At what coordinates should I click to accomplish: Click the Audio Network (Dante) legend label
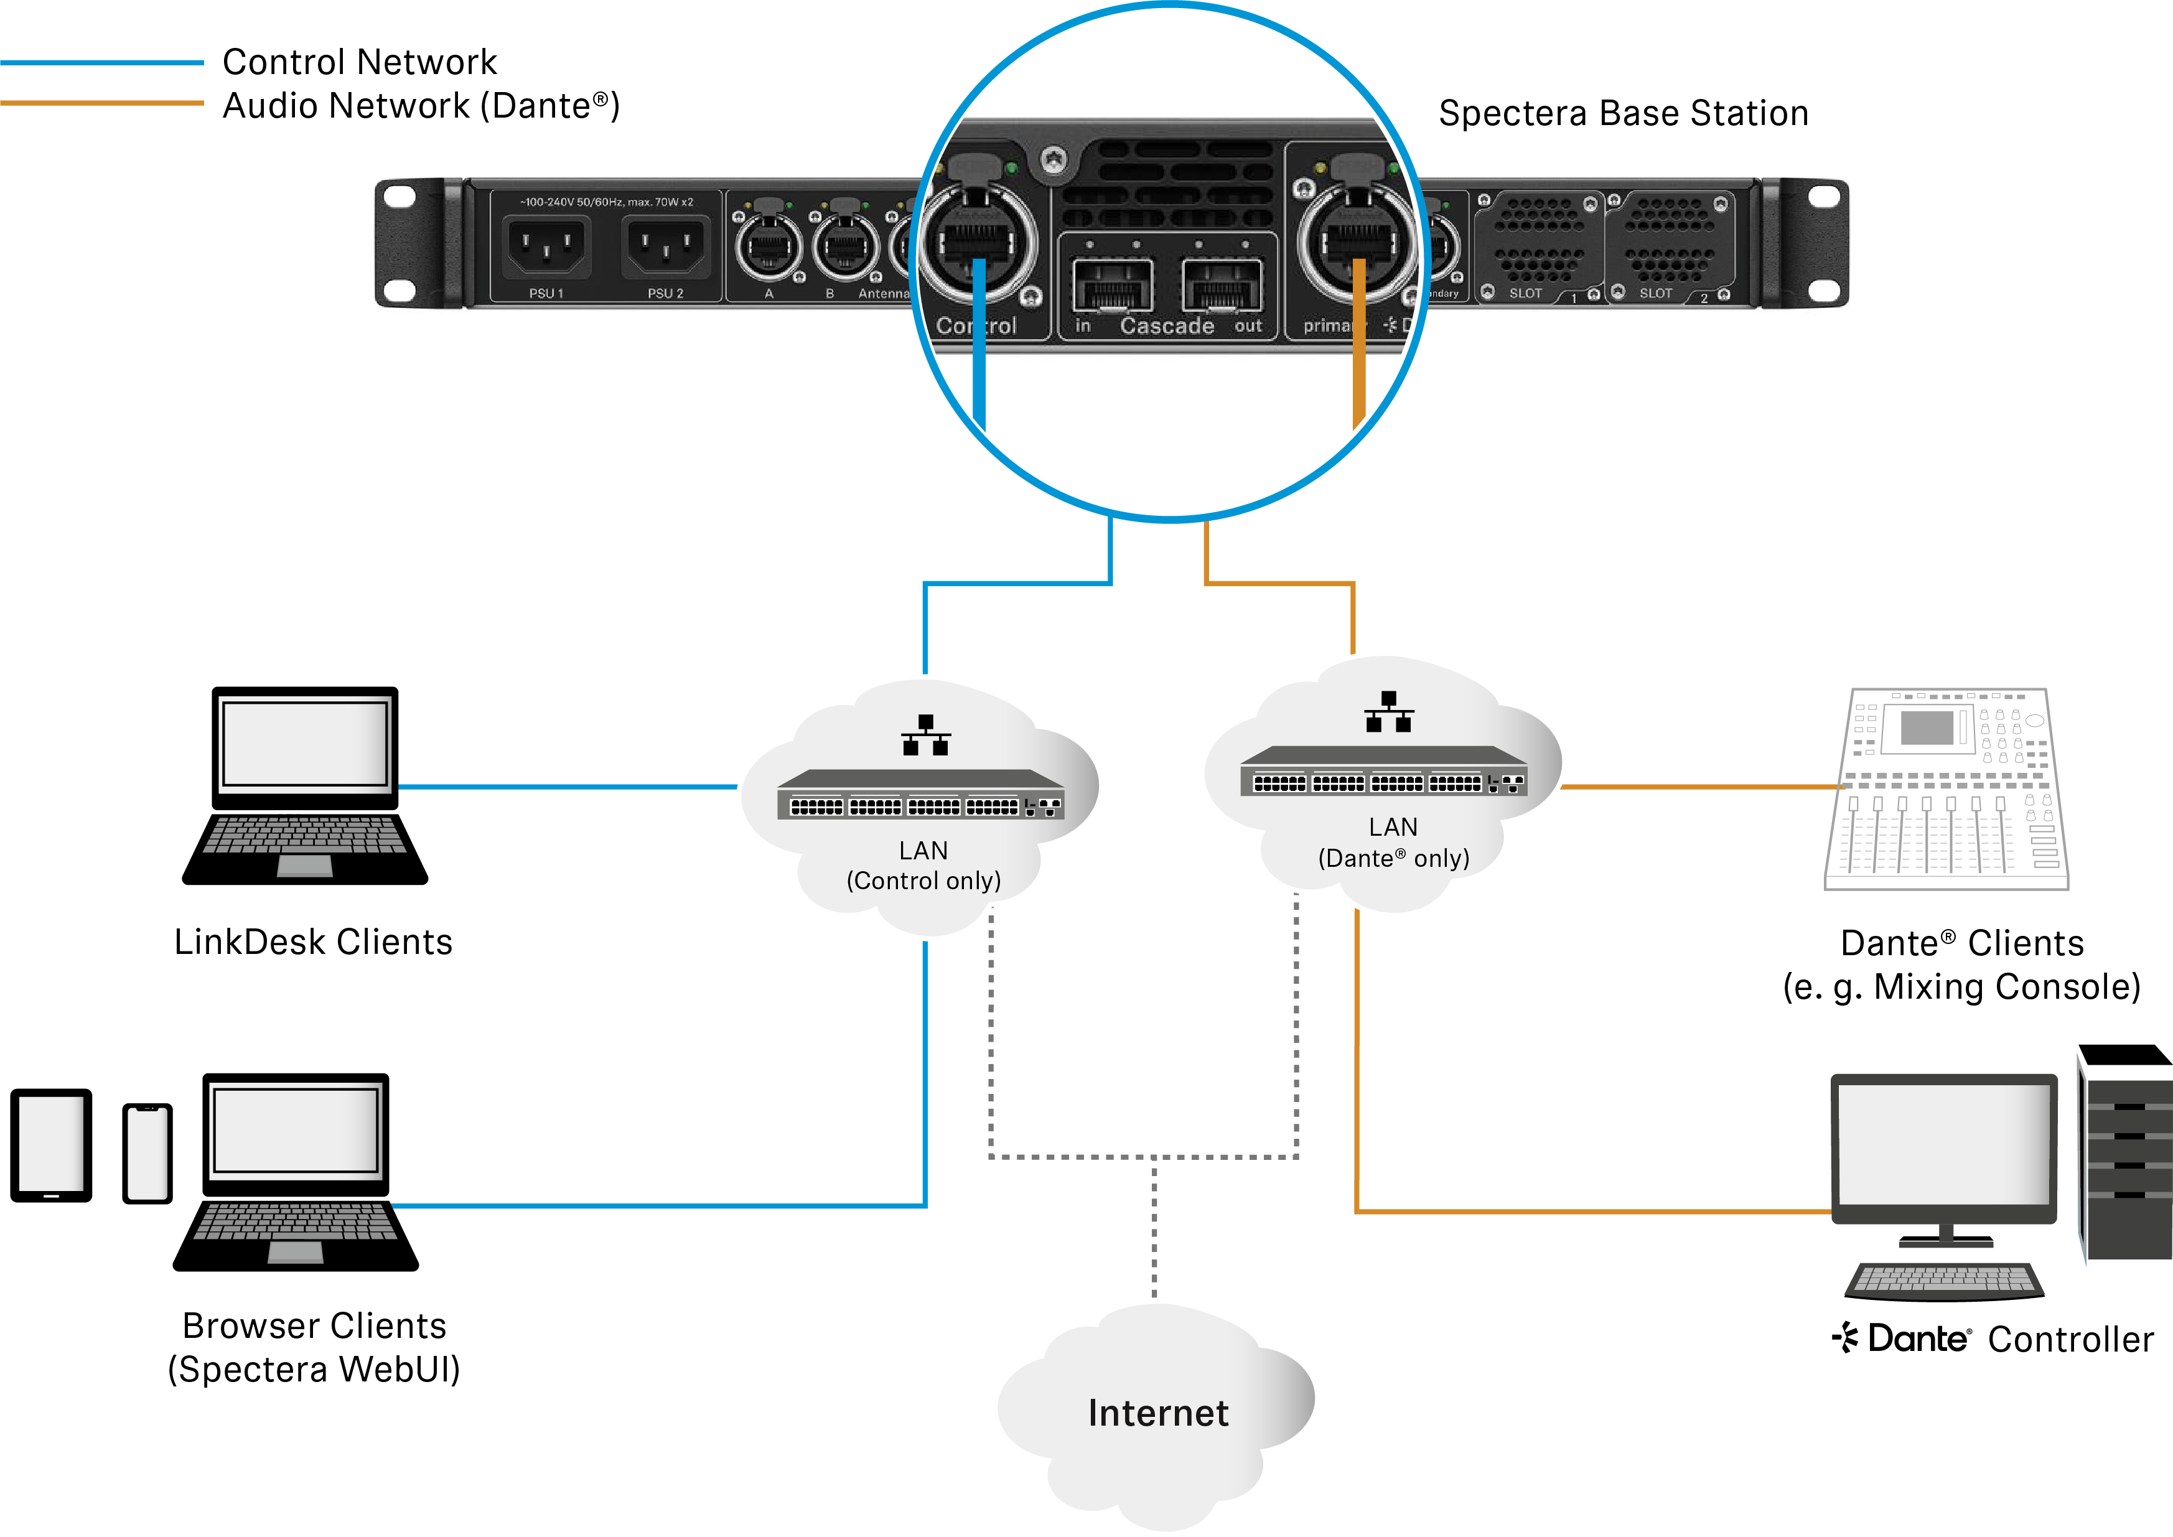(x=420, y=106)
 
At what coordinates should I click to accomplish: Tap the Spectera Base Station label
(x=1622, y=114)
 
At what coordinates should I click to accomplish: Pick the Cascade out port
(x=1222, y=284)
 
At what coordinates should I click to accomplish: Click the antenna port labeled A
(x=769, y=247)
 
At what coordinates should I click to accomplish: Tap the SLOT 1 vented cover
(x=1538, y=242)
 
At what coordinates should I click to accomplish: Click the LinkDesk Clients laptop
(x=305, y=785)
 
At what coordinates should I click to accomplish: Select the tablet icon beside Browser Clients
(x=51, y=1145)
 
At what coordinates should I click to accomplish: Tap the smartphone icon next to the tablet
(x=147, y=1152)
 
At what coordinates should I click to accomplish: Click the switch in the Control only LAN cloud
(x=920, y=795)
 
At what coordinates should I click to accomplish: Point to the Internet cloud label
(x=1157, y=1413)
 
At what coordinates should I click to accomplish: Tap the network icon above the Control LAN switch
(x=925, y=736)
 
